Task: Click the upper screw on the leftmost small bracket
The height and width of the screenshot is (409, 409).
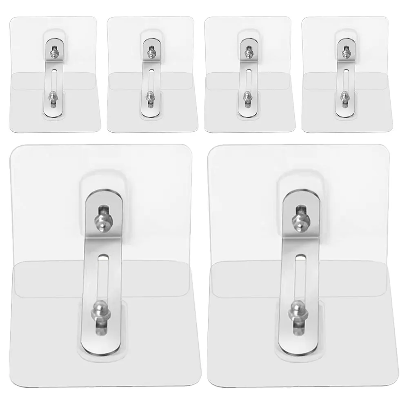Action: coord(53,52)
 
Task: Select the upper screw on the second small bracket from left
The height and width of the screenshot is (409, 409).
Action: coord(150,52)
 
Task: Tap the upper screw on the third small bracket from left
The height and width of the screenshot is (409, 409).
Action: coord(247,52)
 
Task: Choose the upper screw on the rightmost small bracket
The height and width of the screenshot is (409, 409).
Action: coord(345,52)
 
